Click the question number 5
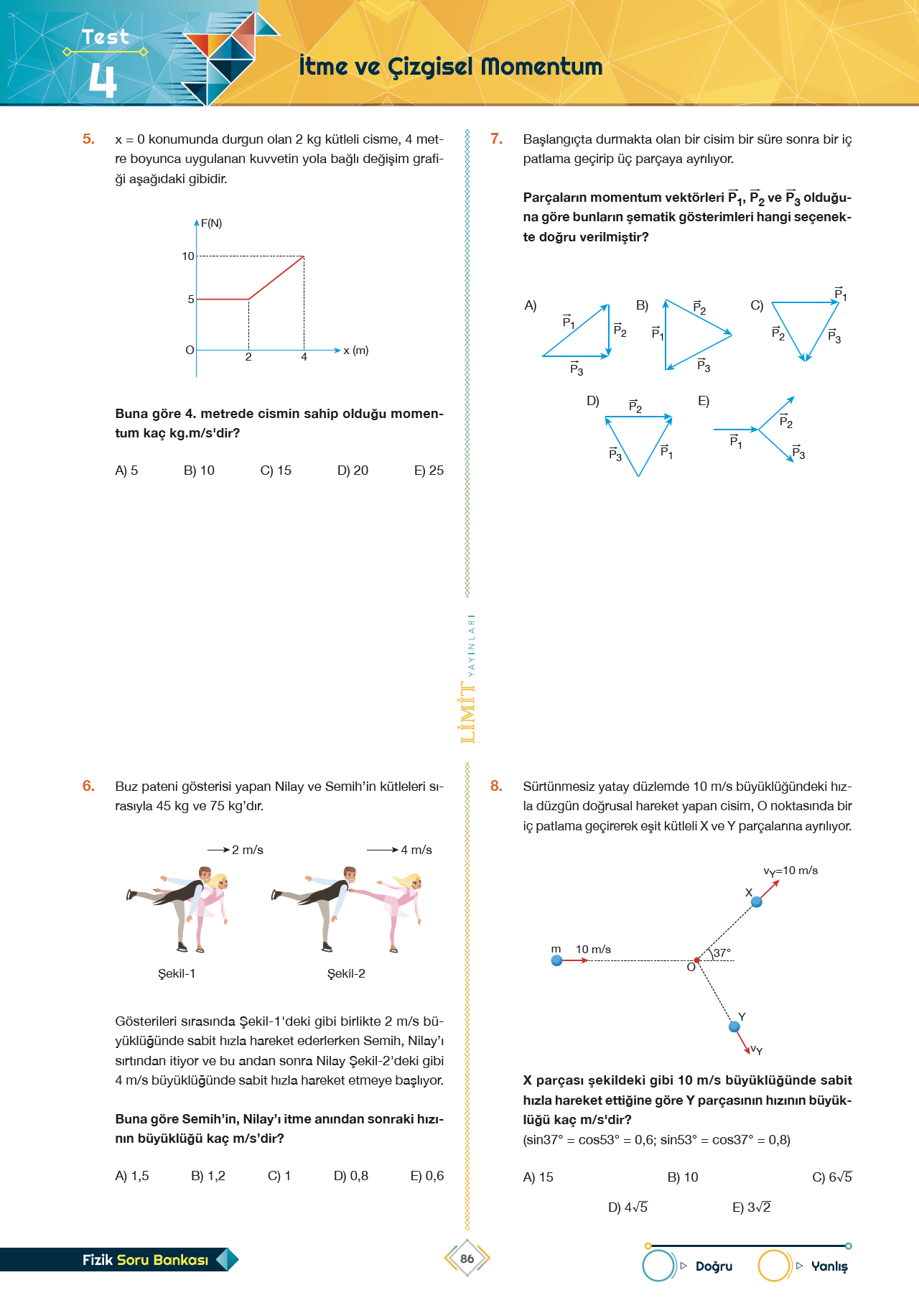pyautogui.click(x=88, y=139)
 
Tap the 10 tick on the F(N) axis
pyautogui.click(x=187, y=256)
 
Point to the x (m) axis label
pyautogui.click(x=356, y=351)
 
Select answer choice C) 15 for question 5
pyautogui.click(x=276, y=470)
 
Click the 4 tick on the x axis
pyautogui.click(x=304, y=357)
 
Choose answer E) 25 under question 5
pyautogui.click(x=429, y=470)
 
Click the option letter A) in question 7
pyautogui.click(x=531, y=305)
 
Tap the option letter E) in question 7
pyautogui.click(x=704, y=401)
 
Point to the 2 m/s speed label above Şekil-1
pyautogui.click(x=247, y=850)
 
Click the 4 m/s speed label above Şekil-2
pyautogui.click(x=416, y=850)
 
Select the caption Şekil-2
pyautogui.click(x=346, y=973)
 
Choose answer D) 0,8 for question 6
pyautogui.click(x=351, y=1176)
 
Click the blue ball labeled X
pyautogui.click(x=756, y=901)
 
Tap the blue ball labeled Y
pyautogui.click(x=734, y=1026)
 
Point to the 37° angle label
pyautogui.click(x=722, y=952)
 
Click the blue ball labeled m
pyautogui.click(x=556, y=960)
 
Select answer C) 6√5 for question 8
pyautogui.click(x=831, y=1177)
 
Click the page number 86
pyautogui.click(x=467, y=1258)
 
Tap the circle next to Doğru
pyautogui.click(x=658, y=1266)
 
